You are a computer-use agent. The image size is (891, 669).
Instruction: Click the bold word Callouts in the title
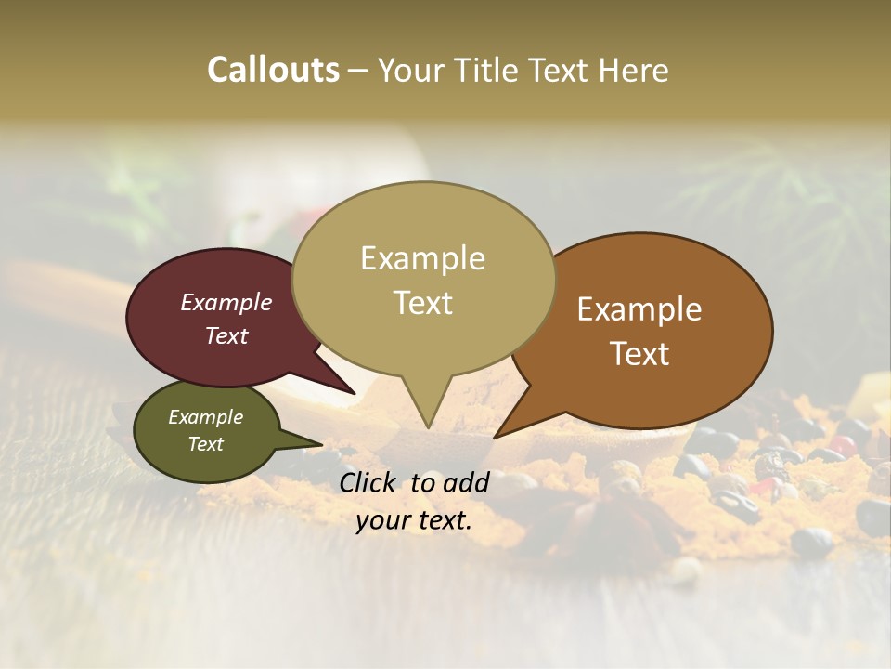pyautogui.click(x=273, y=70)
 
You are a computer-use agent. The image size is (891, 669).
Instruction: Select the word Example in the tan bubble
pyautogui.click(x=422, y=258)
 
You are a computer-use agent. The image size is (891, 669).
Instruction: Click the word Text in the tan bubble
pyautogui.click(x=422, y=302)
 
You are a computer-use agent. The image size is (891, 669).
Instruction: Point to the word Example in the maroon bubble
pyautogui.click(x=226, y=302)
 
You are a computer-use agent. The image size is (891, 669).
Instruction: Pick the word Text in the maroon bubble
pyautogui.click(x=226, y=335)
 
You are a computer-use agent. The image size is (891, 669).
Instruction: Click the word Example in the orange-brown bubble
pyautogui.click(x=639, y=309)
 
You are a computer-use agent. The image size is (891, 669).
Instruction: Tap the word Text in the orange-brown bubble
pyautogui.click(x=639, y=353)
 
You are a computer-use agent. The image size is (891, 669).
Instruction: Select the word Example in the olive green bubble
pyautogui.click(x=205, y=417)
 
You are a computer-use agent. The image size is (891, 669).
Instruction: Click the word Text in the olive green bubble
pyautogui.click(x=205, y=444)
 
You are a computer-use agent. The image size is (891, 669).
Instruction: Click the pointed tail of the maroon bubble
pyautogui.click(x=351, y=390)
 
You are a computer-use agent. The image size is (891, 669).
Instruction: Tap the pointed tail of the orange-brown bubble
pyautogui.click(x=498, y=434)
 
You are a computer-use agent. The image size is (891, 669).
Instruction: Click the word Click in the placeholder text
pyautogui.click(x=368, y=482)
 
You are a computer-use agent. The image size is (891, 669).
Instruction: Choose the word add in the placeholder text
pyautogui.click(x=467, y=482)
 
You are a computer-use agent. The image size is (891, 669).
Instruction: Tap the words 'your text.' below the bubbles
pyautogui.click(x=414, y=520)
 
